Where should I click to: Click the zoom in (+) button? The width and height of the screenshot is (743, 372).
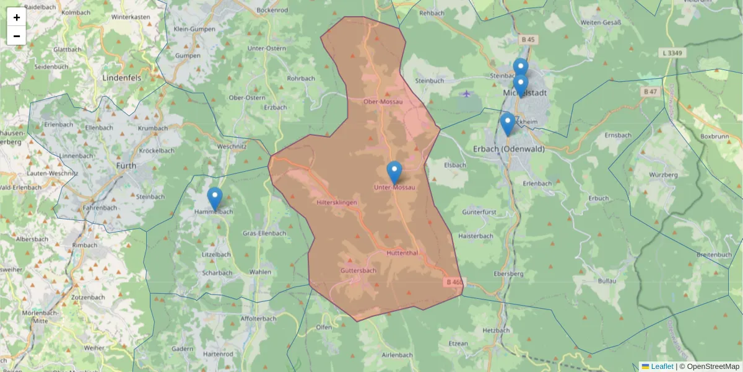pos(17,17)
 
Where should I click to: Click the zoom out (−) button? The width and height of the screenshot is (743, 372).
pos(17,35)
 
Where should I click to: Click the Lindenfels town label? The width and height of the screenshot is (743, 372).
pos(122,78)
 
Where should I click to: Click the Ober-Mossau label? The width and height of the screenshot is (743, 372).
pos(383,101)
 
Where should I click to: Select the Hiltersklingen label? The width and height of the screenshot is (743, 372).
pos(336,203)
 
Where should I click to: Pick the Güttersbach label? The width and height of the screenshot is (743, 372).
pos(358,271)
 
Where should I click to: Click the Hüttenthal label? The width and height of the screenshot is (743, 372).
pos(402,253)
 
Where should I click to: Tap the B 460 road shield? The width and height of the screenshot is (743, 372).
pos(454,282)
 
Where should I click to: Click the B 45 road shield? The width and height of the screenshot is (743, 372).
pos(528,40)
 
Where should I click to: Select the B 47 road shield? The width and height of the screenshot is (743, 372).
pos(650,92)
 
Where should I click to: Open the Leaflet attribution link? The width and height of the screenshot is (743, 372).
pos(661,366)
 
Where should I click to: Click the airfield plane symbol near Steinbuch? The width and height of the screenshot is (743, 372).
pos(466,94)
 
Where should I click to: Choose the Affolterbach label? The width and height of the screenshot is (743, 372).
pos(258,318)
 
